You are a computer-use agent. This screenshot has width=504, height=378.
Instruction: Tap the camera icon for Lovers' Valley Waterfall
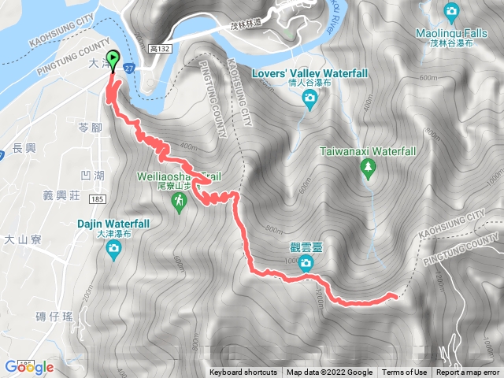click(x=309, y=98)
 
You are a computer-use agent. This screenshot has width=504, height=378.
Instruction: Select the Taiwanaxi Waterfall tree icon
click(x=367, y=167)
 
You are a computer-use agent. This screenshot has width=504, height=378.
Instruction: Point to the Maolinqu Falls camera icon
click(x=450, y=11)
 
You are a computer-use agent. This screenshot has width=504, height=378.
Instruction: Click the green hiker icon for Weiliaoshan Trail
click(x=180, y=202)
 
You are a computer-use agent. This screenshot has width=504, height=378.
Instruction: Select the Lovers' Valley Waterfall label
click(x=309, y=73)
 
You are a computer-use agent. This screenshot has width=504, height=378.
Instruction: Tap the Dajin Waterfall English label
click(x=113, y=223)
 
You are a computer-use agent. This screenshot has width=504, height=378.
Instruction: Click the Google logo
click(x=28, y=366)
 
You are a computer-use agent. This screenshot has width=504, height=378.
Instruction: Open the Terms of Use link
click(x=404, y=372)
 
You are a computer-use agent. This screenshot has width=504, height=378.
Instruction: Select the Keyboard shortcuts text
click(x=243, y=372)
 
